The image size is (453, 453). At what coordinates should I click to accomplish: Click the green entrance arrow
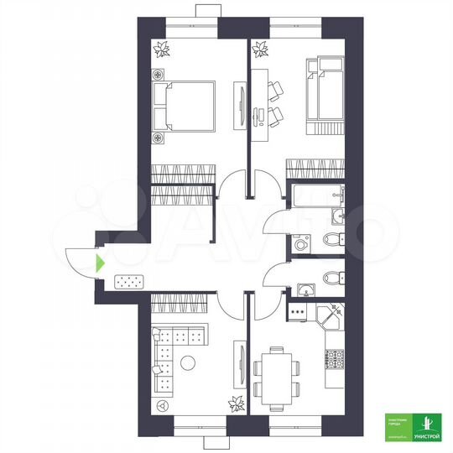[101, 263]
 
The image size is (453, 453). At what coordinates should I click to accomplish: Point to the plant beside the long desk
[259, 51]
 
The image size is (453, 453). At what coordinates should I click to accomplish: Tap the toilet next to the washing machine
[333, 241]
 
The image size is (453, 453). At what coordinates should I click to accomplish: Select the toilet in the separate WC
[331, 279]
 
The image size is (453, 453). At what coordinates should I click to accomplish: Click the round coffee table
[188, 363]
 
